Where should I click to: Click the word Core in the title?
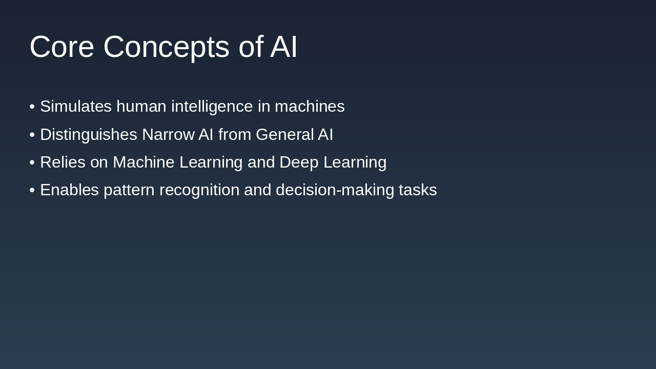tap(62, 47)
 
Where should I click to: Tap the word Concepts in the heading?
tap(167, 48)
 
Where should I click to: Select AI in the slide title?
tap(283, 47)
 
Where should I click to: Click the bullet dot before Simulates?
tap(32, 107)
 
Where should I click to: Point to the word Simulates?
tap(76, 106)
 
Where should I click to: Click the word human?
tap(141, 106)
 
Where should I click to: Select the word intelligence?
tap(212, 107)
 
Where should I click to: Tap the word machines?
tap(310, 106)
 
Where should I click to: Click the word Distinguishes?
tap(89, 135)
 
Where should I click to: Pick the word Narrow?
tap(169, 134)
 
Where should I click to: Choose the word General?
tap(285, 134)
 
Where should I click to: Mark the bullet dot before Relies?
tap(32, 162)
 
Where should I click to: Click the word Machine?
tap(144, 162)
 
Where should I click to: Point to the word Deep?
tap(299, 163)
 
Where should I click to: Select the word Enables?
tap(69, 190)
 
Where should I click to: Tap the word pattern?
tap(129, 190)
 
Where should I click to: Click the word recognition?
tap(199, 190)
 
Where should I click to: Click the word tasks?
tap(418, 190)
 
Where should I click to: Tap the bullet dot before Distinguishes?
tap(32, 135)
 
